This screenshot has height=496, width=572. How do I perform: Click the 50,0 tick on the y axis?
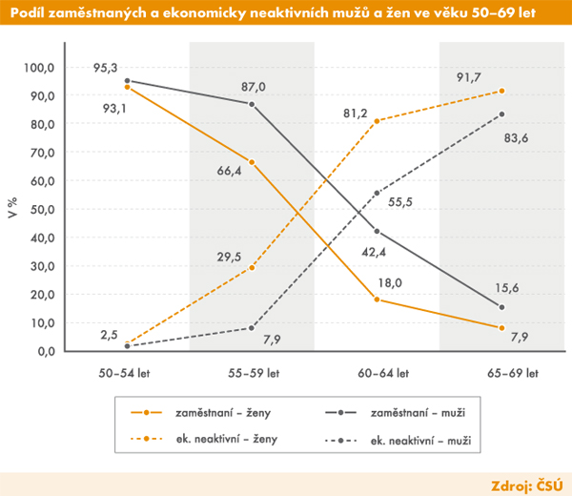pyautogui.click(x=42, y=209)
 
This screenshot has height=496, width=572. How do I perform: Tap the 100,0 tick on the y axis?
pyautogui.click(x=39, y=68)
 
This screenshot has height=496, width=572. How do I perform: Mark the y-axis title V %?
pyautogui.click(x=13, y=210)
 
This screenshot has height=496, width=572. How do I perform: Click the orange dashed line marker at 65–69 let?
pyautogui.click(x=502, y=91)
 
